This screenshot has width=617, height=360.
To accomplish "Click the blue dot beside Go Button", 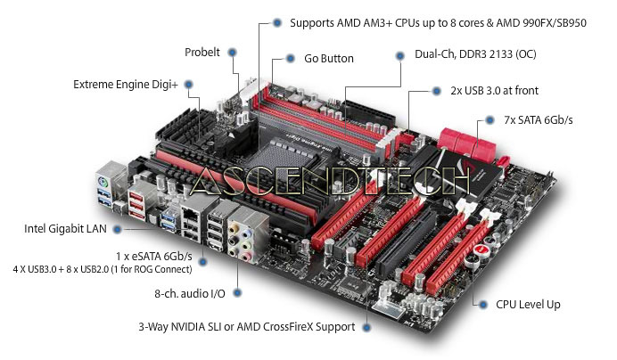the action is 291,59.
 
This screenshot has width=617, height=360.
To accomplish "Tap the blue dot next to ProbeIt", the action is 233,53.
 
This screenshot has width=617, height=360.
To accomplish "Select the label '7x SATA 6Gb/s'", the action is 539,120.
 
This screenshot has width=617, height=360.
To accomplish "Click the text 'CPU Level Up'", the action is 528,305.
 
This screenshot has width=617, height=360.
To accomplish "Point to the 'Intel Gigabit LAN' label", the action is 65,229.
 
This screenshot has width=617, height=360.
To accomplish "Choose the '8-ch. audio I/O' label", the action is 190,293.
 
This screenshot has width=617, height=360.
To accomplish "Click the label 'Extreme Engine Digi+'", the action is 126,85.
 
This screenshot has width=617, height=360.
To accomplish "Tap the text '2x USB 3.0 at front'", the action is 494,91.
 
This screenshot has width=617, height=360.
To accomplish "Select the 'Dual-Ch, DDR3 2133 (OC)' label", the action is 475,54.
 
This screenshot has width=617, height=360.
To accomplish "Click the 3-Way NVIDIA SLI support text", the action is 247,327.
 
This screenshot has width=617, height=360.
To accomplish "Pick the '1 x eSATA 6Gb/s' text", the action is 154,257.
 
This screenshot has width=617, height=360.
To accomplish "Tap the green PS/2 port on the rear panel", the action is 103,182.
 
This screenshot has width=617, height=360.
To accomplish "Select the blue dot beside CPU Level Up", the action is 483,305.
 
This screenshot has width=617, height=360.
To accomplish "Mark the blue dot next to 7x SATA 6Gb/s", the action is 489,120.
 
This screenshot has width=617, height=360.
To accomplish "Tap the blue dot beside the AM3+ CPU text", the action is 277,23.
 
